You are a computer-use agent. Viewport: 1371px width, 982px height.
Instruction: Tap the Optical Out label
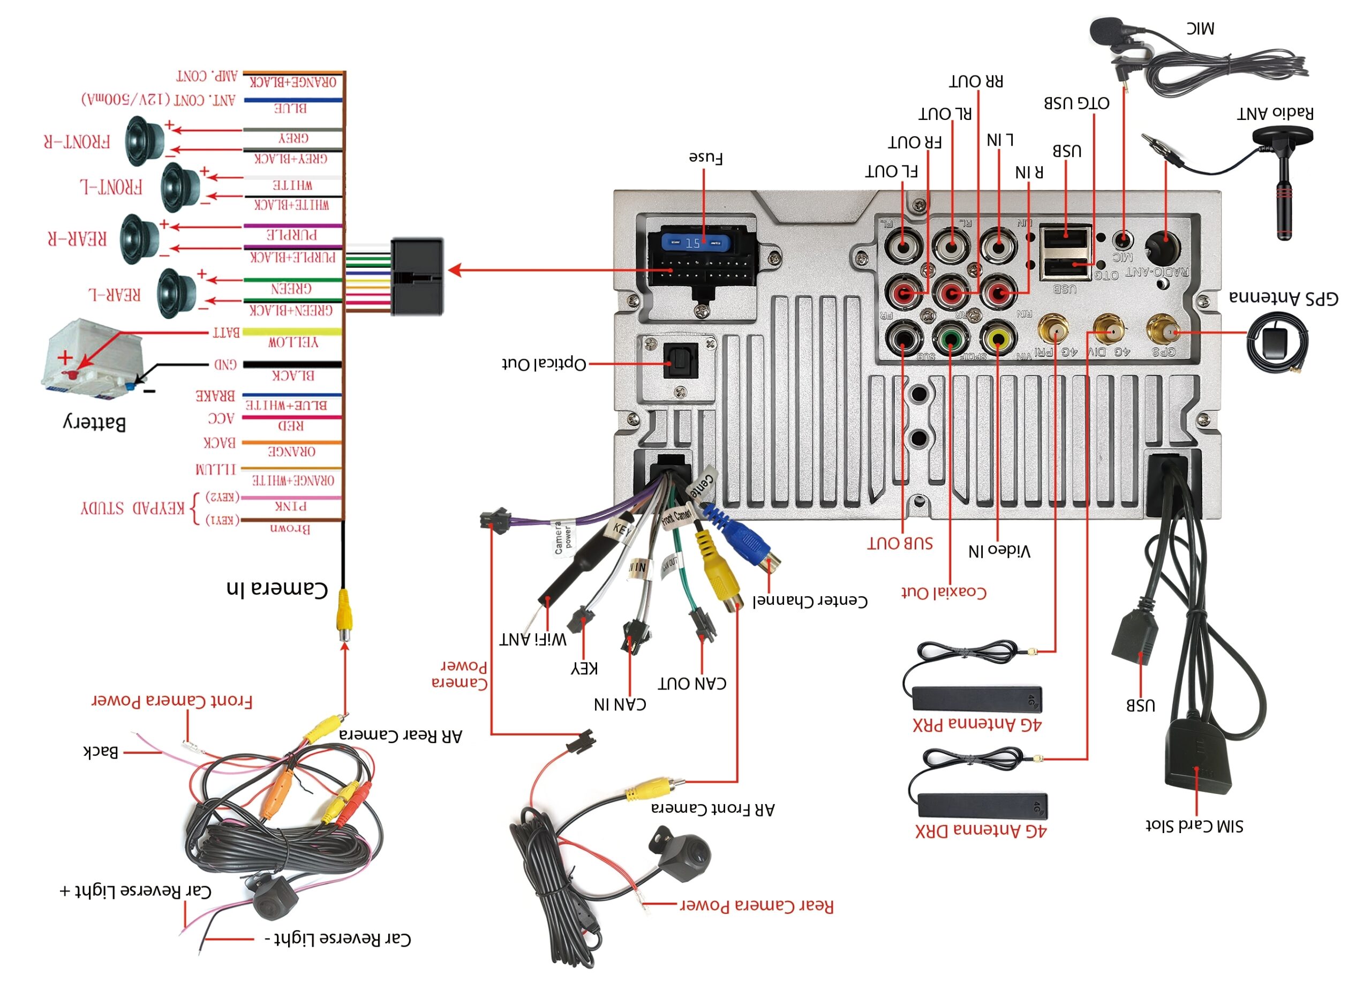544,363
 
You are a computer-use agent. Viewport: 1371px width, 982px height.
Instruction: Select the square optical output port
681,361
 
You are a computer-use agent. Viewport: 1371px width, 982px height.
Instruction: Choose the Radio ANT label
1275,113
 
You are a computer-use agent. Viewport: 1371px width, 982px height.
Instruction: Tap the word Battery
95,423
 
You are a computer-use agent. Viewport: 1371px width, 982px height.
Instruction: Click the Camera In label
277,588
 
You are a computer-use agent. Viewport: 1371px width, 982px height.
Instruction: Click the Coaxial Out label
944,592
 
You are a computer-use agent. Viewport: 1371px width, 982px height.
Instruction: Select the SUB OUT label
900,543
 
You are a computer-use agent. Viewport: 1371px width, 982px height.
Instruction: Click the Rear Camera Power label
757,905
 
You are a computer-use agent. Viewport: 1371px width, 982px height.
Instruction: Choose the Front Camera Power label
172,701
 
